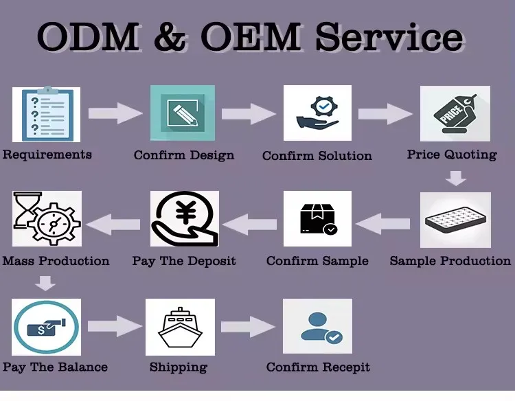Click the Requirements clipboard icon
[46, 114]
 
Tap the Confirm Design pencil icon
[183, 113]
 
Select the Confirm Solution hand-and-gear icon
[317, 113]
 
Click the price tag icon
[455, 113]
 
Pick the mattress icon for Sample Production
[455, 220]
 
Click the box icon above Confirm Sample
[317, 219]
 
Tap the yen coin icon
[184, 219]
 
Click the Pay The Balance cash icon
[46, 326]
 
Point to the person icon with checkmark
[317, 326]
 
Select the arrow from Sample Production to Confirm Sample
[383, 221]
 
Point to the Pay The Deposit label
[184, 262]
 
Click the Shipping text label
[179, 367]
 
